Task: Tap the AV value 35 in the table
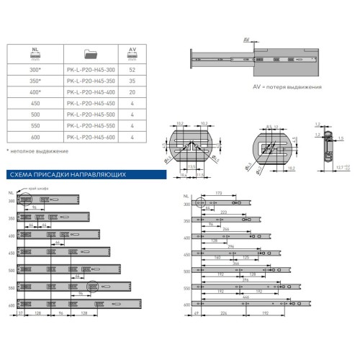point(132,81)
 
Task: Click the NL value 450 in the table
point(35,103)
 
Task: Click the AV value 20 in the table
point(132,92)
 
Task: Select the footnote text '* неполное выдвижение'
point(37,152)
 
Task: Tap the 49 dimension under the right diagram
point(196,315)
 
